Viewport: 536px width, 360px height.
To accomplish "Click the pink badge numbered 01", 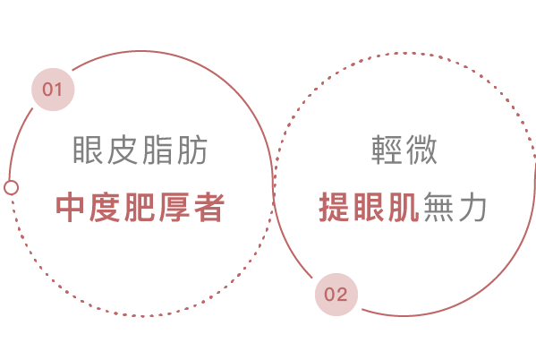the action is pyautogui.click(x=53, y=90).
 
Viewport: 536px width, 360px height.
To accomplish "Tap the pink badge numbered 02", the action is pyautogui.click(x=336, y=295).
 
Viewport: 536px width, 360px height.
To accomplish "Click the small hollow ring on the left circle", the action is pyautogui.click(x=12, y=187).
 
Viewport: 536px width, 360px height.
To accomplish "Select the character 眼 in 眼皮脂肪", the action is pyautogui.click(x=88, y=150).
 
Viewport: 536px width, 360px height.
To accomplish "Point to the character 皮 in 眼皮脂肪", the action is pyautogui.click(x=123, y=150).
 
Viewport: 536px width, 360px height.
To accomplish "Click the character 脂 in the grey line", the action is pyautogui.click(x=157, y=150).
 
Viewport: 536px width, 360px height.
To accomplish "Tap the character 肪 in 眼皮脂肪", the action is pyautogui.click(x=192, y=150).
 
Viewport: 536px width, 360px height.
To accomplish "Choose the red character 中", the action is pyautogui.click(x=70, y=207).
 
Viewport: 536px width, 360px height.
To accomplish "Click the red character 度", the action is pyautogui.click(x=105, y=207).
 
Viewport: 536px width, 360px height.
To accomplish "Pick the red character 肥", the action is pyautogui.click(x=140, y=207).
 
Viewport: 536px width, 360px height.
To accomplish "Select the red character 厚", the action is pyautogui.click(x=174, y=207).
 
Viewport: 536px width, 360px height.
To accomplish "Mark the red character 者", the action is pyautogui.click(x=209, y=207).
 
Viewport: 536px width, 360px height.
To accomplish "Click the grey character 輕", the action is pyautogui.click(x=387, y=150).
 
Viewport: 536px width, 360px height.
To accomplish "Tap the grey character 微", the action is pyautogui.click(x=421, y=150).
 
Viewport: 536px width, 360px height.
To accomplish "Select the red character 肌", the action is pyautogui.click(x=404, y=207).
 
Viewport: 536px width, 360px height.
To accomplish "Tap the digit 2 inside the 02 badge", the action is pyautogui.click(x=342, y=295).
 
